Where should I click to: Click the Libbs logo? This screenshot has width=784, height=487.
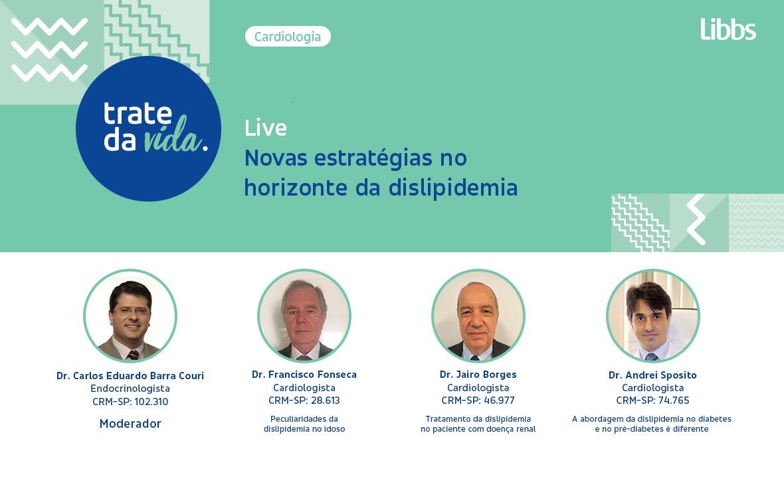coord(728,29)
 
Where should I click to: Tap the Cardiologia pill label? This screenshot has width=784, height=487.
coord(288,37)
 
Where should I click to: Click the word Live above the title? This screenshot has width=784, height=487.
coord(265,128)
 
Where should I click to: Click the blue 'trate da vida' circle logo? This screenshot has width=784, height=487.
coord(148,128)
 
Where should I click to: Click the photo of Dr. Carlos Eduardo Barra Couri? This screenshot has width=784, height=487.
coord(130,316)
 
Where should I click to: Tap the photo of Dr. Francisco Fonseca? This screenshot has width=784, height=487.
coord(304,316)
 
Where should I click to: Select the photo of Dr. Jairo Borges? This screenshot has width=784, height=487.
coord(478,316)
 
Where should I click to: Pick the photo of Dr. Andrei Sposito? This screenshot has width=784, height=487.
coord(652,316)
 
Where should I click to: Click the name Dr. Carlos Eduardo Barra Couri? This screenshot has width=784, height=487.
coord(130,376)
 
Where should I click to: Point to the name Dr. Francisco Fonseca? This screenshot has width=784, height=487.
coord(304,375)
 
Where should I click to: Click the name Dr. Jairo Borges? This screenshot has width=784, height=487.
coord(478,375)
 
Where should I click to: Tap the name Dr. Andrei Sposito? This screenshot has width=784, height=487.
coord(652,375)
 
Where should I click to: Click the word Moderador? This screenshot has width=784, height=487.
coord(130,424)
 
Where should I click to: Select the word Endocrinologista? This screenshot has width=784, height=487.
coord(130,389)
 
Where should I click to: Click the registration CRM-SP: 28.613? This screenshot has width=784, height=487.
coord(304,401)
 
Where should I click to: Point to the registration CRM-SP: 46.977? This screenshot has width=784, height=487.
coord(478,401)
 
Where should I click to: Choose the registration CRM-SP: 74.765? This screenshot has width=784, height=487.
coord(652,401)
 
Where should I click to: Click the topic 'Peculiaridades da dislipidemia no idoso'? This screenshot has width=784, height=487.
coord(304,424)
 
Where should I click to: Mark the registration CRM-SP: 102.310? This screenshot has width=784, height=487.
coord(130,402)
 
